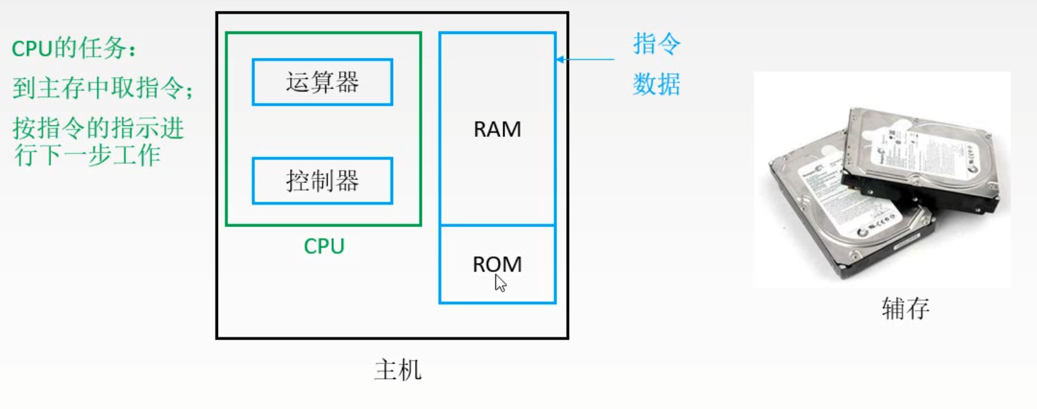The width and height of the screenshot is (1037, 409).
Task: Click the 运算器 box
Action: pos(322,82)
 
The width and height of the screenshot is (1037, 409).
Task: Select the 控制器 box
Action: pos(322,181)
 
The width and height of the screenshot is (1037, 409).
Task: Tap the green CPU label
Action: pos(324,246)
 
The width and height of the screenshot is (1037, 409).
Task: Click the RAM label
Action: pos(497,130)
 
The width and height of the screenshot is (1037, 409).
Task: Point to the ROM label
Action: pos(497,264)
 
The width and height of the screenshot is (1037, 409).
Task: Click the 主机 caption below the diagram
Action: pos(398,370)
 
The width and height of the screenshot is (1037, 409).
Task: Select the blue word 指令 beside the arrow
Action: pos(657,45)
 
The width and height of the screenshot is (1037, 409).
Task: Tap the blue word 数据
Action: pos(657,85)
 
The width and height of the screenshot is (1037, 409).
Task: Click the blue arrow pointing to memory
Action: pos(586,60)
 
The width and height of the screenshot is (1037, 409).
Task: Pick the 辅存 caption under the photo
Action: pos(906,309)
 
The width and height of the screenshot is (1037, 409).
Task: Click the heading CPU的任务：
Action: pos(74,49)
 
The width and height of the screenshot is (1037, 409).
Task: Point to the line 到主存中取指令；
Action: pos(103,88)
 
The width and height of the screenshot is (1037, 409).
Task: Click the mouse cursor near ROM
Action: pos(500,283)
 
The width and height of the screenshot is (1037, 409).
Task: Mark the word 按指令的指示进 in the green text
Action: pos(99,127)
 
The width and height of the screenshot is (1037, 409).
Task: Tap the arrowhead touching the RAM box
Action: pos(560,60)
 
